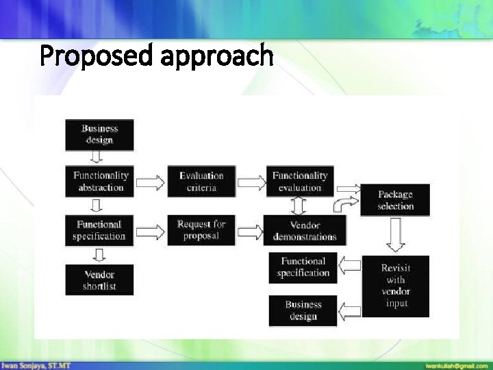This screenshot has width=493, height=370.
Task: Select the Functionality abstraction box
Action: click(x=100, y=182)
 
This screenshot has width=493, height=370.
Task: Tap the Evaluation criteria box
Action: click(x=201, y=182)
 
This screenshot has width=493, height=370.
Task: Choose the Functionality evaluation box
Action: click(x=300, y=182)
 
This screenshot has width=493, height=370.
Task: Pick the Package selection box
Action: click(x=395, y=200)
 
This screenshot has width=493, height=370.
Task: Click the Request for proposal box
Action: click(x=201, y=230)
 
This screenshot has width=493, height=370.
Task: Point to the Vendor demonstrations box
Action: click(x=305, y=231)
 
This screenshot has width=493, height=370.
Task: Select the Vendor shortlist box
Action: click(x=99, y=280)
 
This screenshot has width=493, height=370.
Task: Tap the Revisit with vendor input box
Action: click(x=396, y=286)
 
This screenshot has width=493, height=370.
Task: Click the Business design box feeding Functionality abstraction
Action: click(x=99, y=134)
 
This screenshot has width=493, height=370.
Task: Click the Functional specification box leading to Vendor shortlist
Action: click(x=99, y=230)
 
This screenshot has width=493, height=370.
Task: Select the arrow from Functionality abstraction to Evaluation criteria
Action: click(x=151, y=182)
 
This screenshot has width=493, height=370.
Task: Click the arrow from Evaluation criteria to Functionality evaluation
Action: click(x=250, y=182)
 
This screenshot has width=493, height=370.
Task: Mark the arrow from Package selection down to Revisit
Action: click(x=396, y=235)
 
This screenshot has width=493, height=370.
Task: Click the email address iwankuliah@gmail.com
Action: click(x=455, y=365)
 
